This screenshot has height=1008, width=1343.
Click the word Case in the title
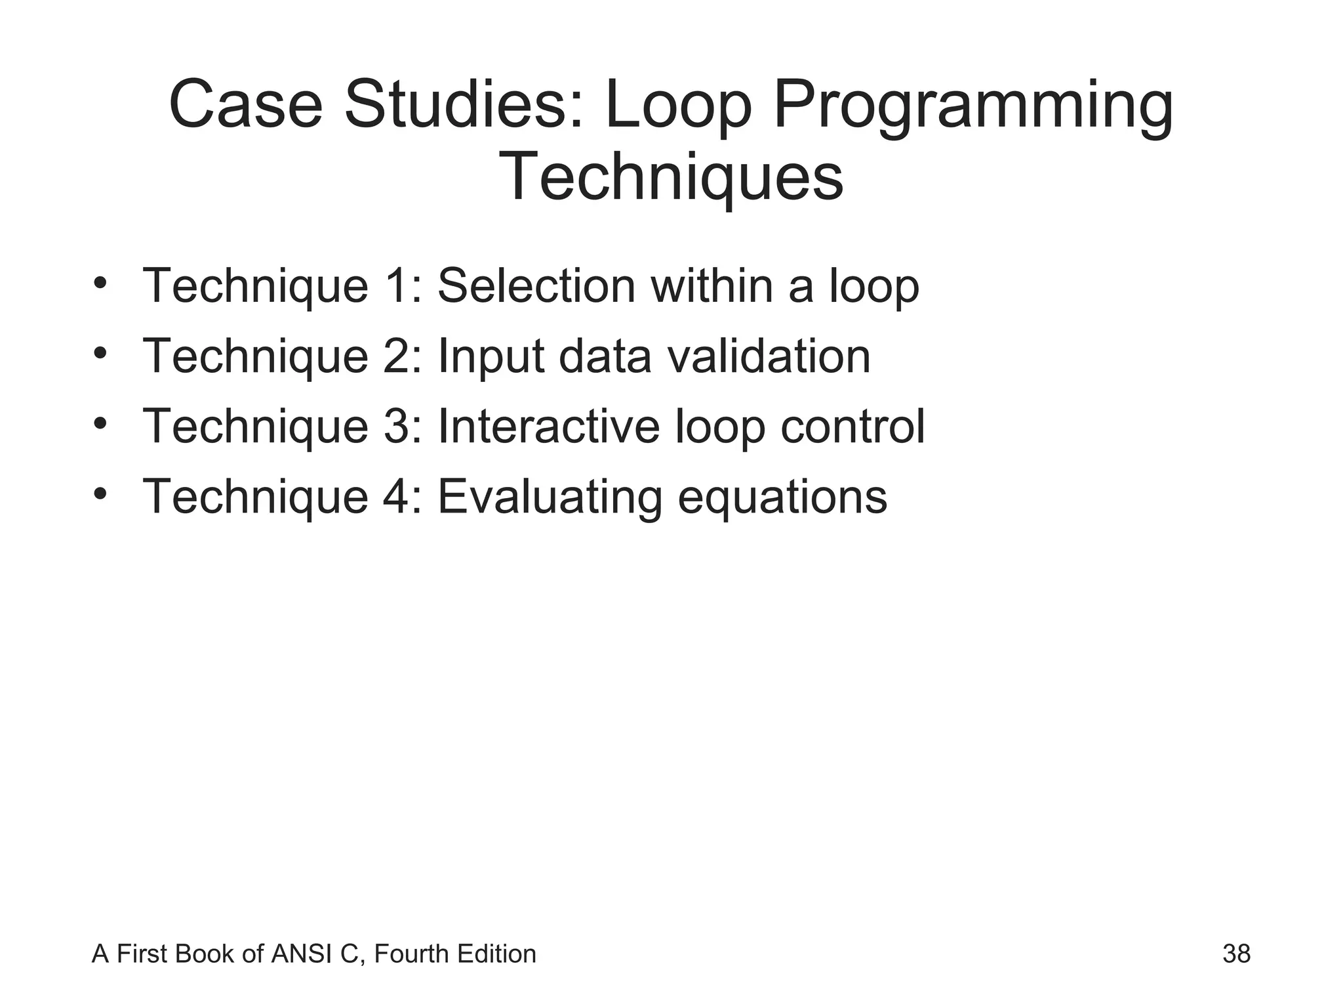coord(246,105)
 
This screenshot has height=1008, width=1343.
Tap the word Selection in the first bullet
coord(536,286)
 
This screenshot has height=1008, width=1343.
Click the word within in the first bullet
coord(712,286)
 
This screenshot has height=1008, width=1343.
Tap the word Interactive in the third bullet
coord(548,427)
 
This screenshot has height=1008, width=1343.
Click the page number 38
coord(1236,954)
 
